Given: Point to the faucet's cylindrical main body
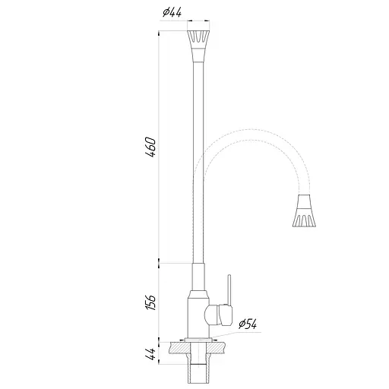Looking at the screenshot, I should click(197, 312).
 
